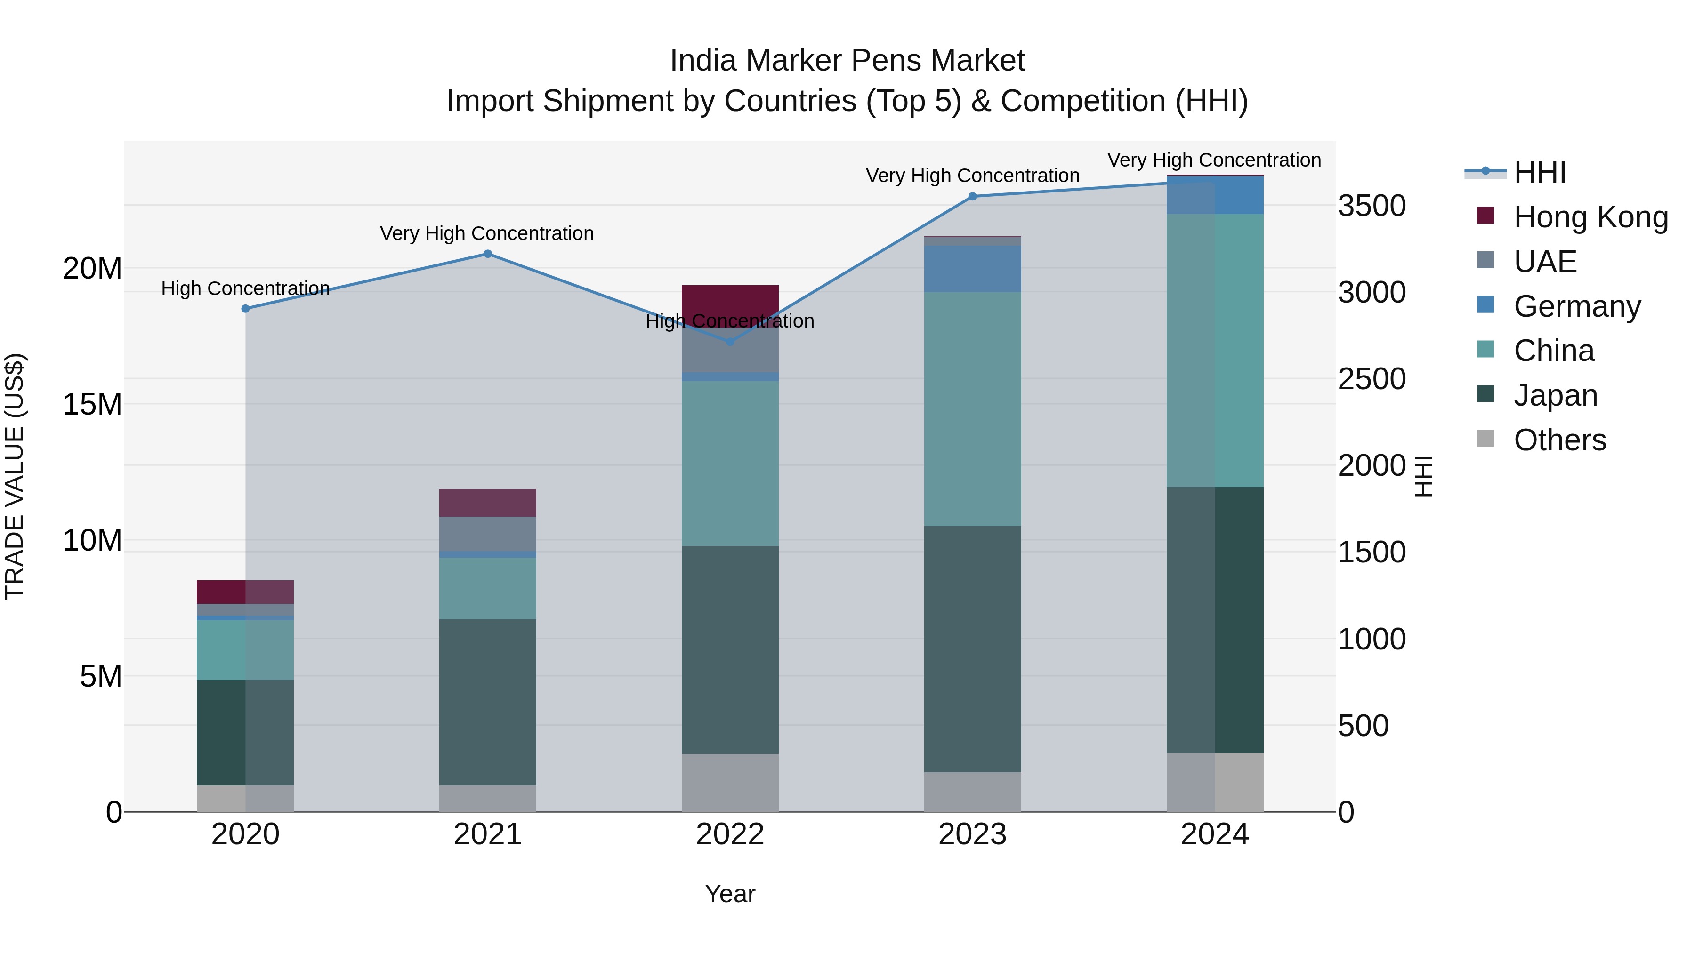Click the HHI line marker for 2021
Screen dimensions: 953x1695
click(488, 254)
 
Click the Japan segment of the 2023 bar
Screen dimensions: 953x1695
click(973, 649)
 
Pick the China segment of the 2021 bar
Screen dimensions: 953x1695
click(488, 588)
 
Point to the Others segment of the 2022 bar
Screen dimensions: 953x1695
click(730, 782)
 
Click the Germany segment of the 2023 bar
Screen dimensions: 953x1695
click(973, 269)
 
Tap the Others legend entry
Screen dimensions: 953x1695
click(1559, 440)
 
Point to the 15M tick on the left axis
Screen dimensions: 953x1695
click(92, 404)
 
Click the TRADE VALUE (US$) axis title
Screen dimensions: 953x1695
click(15, 476)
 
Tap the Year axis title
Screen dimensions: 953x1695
click(730, 894)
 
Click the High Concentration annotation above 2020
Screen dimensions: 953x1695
click(245, 289)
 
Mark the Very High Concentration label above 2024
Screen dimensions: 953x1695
click(1214, 160)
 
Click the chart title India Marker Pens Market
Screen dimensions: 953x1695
click(847, 61)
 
